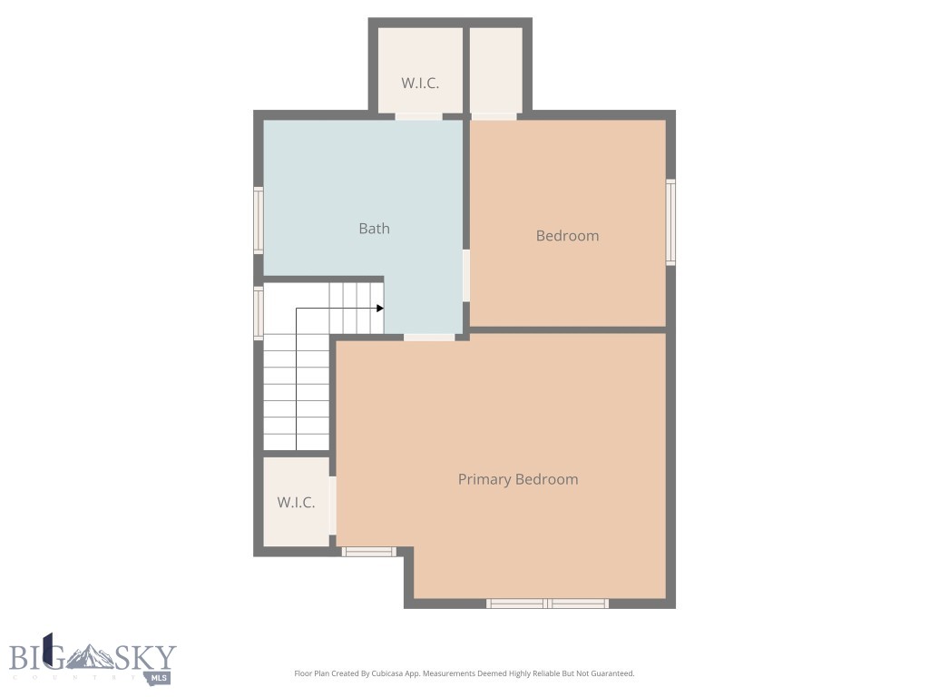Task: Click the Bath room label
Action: click(x=374, y=229)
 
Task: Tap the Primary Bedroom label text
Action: click(x=517, y=479)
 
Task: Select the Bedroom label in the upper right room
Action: click(x=567, y=236)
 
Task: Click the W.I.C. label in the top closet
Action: click(x=420, y=83)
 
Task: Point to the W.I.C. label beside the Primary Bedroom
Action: click(x=296, y=502)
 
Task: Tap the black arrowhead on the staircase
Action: click(x=380, y=309)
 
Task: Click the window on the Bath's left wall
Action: click(x=259, y=220)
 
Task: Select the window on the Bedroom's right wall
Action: click(x=670, y=221)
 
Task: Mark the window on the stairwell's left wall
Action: click(x=259, y=313)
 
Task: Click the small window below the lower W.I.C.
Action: click(x=369, y=551)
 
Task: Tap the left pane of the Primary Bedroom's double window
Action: click(x=516, y=604)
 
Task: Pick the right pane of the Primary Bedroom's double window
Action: click(x=579, y=604)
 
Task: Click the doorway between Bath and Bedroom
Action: click(x=466, y=275)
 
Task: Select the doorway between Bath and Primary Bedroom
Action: click(x=429, y=338)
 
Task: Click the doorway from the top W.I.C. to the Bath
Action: click(x=418, y=116)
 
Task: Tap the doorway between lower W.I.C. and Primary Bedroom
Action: click(x=333, y=506)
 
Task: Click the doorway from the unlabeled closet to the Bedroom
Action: click(x=494, y=116)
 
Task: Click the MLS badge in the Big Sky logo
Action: click(x=159, y=677)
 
